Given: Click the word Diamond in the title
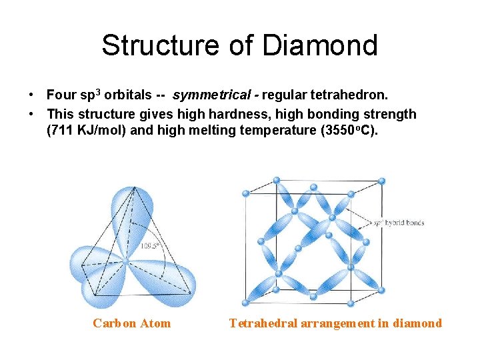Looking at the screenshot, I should pos(320,45).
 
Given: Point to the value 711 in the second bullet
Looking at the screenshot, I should pos(59,130).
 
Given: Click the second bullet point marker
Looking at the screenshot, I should pos(32,114).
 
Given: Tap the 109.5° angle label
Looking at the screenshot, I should pos(149,246).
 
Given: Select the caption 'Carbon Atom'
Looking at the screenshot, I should pos(131,323).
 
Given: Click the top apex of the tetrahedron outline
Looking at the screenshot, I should pos(135,189).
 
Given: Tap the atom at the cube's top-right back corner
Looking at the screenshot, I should pos(381,181).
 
